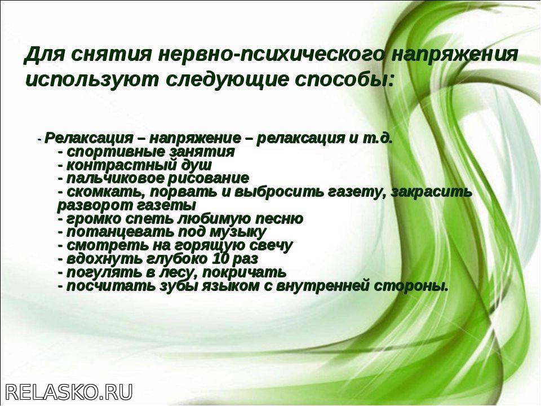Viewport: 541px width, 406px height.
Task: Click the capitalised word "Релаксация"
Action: point(88,139)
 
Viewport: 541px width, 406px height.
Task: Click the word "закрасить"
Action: point(432,192)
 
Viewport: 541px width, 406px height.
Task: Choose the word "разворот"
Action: point(93,206)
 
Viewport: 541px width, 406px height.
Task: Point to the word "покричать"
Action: point(244,273)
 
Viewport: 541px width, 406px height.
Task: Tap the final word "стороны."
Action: point(411,286)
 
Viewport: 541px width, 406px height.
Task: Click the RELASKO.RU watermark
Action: point(69,392)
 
